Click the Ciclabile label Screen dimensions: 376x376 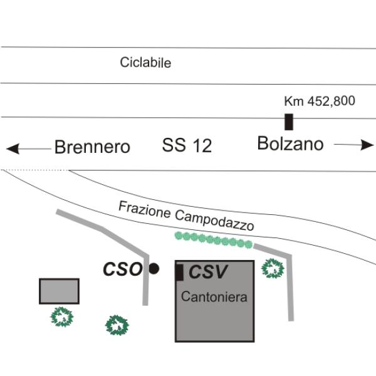[x=145, y=63]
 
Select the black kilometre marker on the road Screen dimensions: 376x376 [x=289, y=122]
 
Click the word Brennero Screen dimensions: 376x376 [x=92, y=147]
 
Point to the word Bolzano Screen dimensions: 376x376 [x=290, y=144]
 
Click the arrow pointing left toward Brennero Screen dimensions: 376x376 [x=28, y=149]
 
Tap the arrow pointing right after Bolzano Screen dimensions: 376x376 [x=353, y=145]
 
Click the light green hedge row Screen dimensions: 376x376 [x=213, y=240]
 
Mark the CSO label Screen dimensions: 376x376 [x=123, y=269]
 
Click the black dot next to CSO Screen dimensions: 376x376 [x=154, y=269]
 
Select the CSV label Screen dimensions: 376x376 [x=208, y=272]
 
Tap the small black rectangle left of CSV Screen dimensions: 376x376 [x=180, y=273]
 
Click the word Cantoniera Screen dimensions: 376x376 [x=214, y=297]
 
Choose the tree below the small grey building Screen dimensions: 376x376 [x=62, y=316]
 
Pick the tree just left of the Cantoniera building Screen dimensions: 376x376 [x=117, y=325]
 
